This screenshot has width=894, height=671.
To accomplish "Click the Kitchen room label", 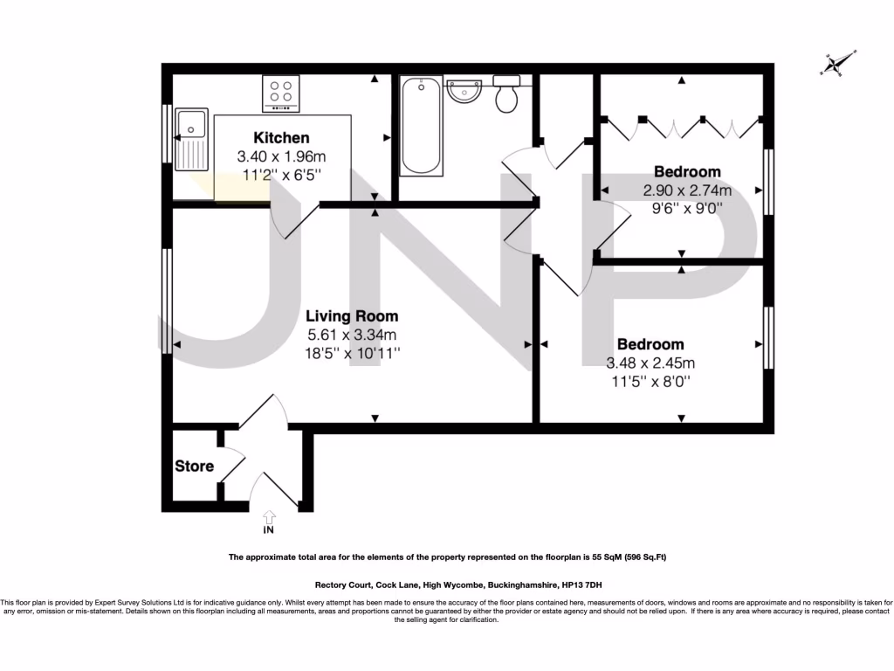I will pos(281,138).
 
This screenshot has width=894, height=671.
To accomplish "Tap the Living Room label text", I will pos(352,316).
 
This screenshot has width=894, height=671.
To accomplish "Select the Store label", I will pos(194,466).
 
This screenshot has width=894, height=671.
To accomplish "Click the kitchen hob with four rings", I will pos(281,92).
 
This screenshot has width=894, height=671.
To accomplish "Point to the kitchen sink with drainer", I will pos(190,140).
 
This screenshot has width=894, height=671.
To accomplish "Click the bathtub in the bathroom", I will pos(421,126).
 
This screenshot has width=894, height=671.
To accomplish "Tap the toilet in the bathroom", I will pos(505,93).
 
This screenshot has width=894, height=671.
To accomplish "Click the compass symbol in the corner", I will pos(837,64).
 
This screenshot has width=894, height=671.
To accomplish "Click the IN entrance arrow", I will pos(268,522).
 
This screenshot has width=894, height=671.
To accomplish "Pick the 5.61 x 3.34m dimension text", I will pos(352,335).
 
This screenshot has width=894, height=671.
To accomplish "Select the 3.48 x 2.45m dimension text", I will pos(650,363).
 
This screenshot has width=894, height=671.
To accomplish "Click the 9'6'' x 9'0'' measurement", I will pos(687,209).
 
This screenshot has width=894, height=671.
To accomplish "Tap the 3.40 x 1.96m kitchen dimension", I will pos(281,157).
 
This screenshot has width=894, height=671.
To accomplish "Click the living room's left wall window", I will pos(166,301).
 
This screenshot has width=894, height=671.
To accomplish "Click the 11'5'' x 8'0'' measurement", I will pos(650,382).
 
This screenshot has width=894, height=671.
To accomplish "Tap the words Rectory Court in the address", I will pos(343,585).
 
